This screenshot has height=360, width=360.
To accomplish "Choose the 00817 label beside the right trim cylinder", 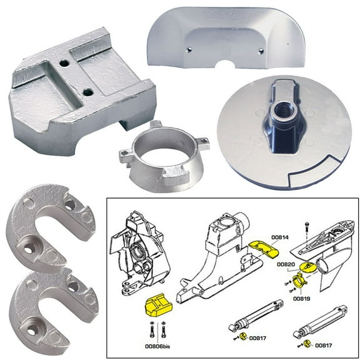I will (323, 344).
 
